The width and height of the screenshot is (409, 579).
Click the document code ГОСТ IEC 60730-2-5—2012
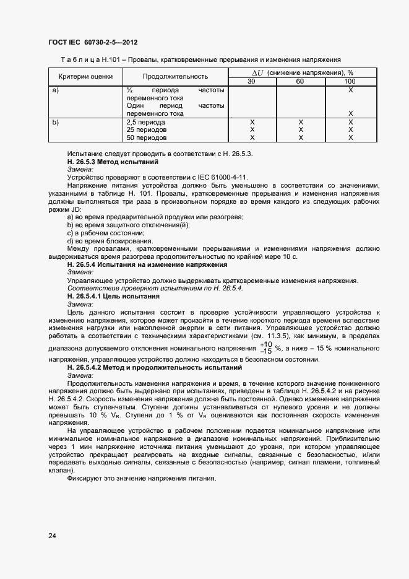click(93, 42)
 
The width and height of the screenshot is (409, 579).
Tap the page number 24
click(52, 536)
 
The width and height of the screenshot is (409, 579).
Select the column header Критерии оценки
click(85, 77)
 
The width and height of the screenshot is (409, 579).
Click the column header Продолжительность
click(175, 77)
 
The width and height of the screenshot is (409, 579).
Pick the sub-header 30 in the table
click(251, 81)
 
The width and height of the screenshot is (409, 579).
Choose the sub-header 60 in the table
click(300, 81)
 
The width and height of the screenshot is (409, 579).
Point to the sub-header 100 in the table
click(350, 81)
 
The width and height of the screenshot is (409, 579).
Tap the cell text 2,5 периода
click(145, 123)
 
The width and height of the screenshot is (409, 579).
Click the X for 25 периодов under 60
click(300, 130)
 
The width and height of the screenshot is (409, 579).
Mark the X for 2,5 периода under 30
click(251, 123)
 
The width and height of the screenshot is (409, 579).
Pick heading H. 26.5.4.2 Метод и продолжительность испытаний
click(144, 367)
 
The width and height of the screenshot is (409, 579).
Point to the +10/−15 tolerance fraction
click(265, 347)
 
